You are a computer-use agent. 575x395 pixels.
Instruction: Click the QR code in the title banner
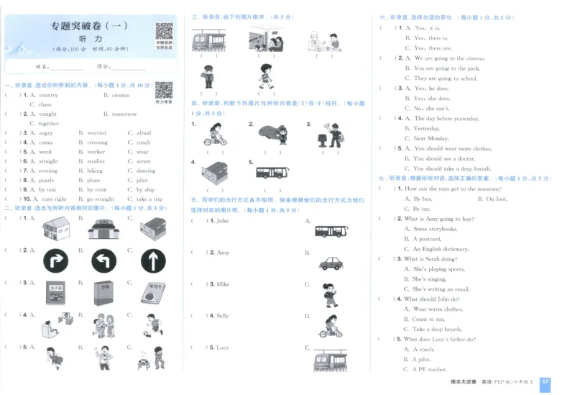click(164, 32)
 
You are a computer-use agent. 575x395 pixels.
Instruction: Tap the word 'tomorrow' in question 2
click(124, 114)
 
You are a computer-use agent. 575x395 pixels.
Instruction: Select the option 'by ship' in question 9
click(144, 189)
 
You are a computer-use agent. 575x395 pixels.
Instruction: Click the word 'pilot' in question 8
click(143, 180)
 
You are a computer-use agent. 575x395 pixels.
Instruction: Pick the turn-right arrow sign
click(54, 259)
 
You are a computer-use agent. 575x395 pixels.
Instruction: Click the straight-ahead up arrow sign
click(152, 259)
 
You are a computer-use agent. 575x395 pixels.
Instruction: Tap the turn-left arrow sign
click(103, 259)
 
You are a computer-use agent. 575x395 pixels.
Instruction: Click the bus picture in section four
click(272, 173)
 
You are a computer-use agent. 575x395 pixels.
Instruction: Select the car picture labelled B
click(331, 263)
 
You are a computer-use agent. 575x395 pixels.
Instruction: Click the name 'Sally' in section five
click(222, 315)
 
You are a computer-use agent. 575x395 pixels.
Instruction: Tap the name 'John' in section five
click(222, 221)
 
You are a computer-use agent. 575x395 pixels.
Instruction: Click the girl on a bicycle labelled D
click(330, 327)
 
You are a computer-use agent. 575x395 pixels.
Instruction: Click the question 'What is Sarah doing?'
click(427, 259)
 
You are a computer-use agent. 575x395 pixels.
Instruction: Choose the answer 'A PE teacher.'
click(429, 369)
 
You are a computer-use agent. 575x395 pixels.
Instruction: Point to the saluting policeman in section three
click(208, 76)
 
